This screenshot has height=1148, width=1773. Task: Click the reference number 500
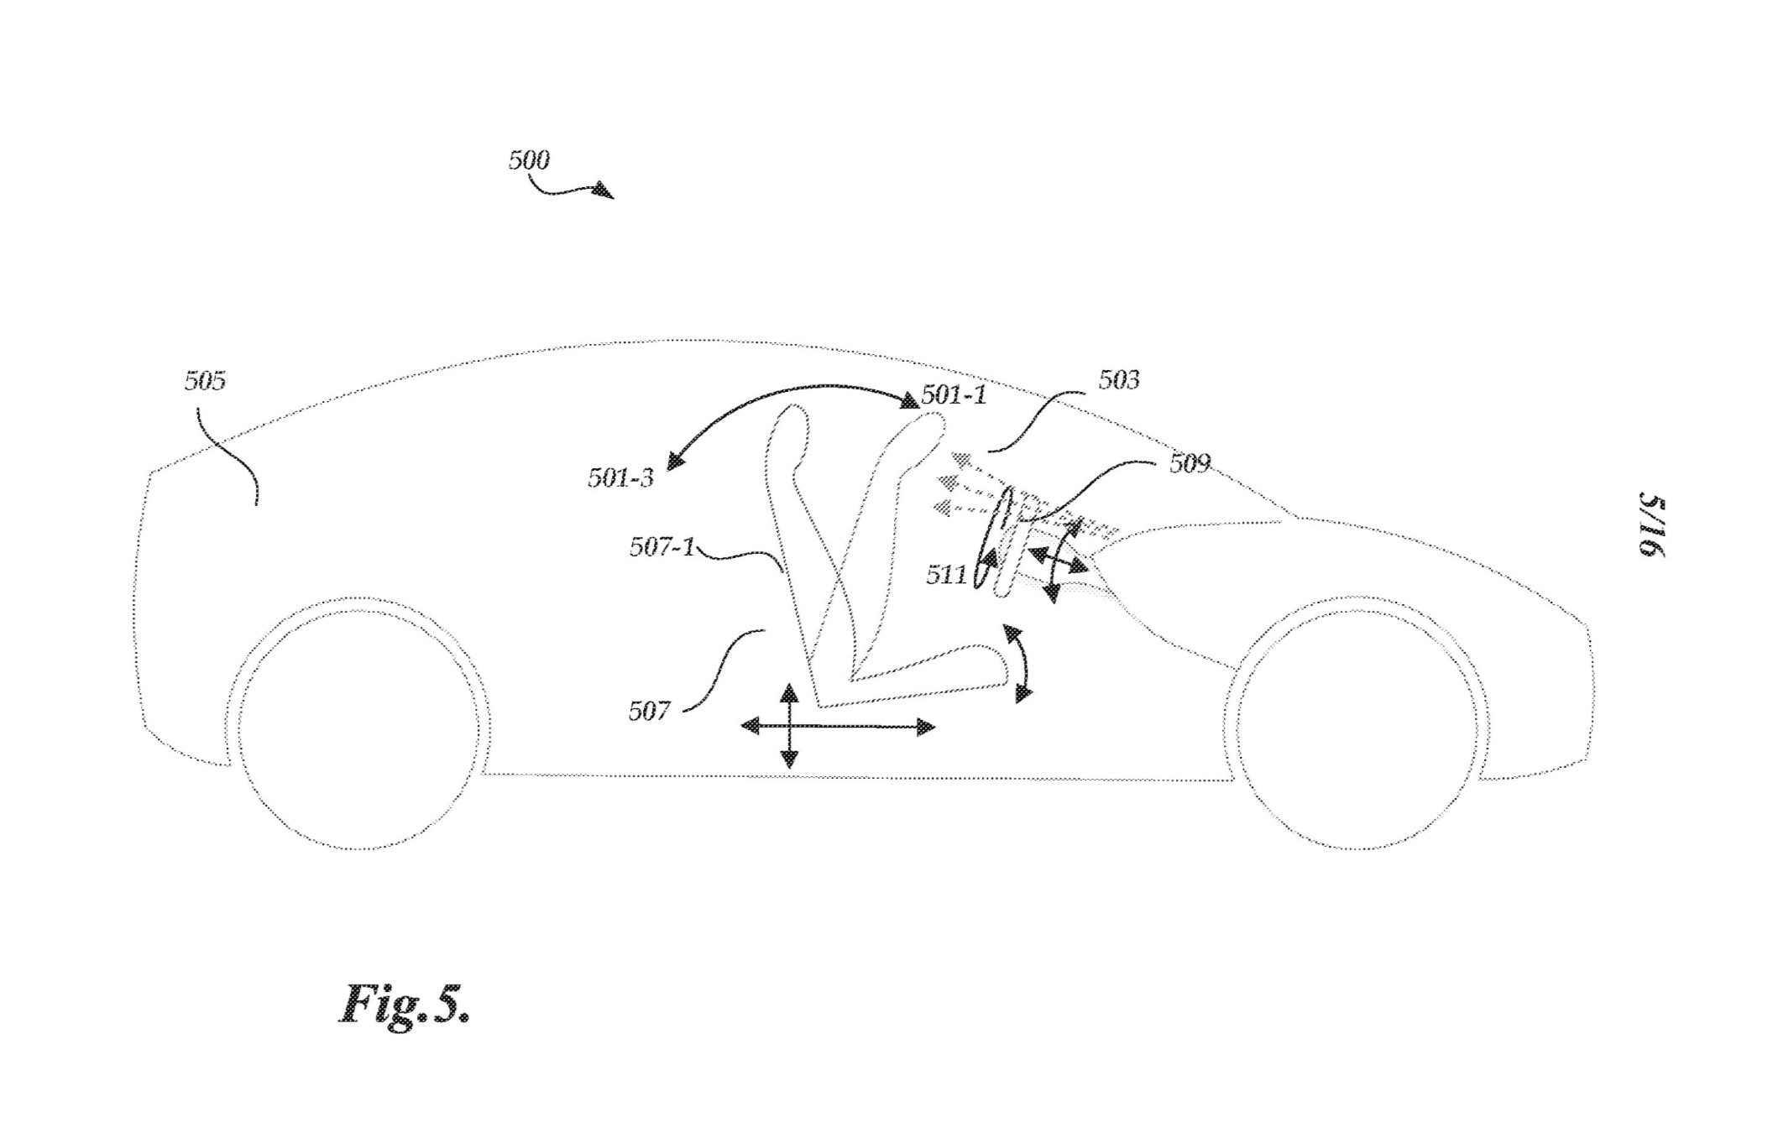(x=529, y=159)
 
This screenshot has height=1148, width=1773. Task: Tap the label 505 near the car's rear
(x=206, y=381)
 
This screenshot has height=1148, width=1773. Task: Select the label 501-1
(x=954, y=394)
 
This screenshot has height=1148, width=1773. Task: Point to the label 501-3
(x=620, y=478)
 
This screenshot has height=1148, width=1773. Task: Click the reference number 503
(x=1119, y=380)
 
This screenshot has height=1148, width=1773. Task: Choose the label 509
(x=1190, y=462)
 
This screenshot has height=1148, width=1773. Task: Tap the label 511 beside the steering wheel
(x=946, y=575)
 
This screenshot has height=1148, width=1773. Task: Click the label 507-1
(x=662, y=547)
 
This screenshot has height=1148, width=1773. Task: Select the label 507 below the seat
(x=649, y=712)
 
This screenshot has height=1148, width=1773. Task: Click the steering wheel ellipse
(x=992, y=540)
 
